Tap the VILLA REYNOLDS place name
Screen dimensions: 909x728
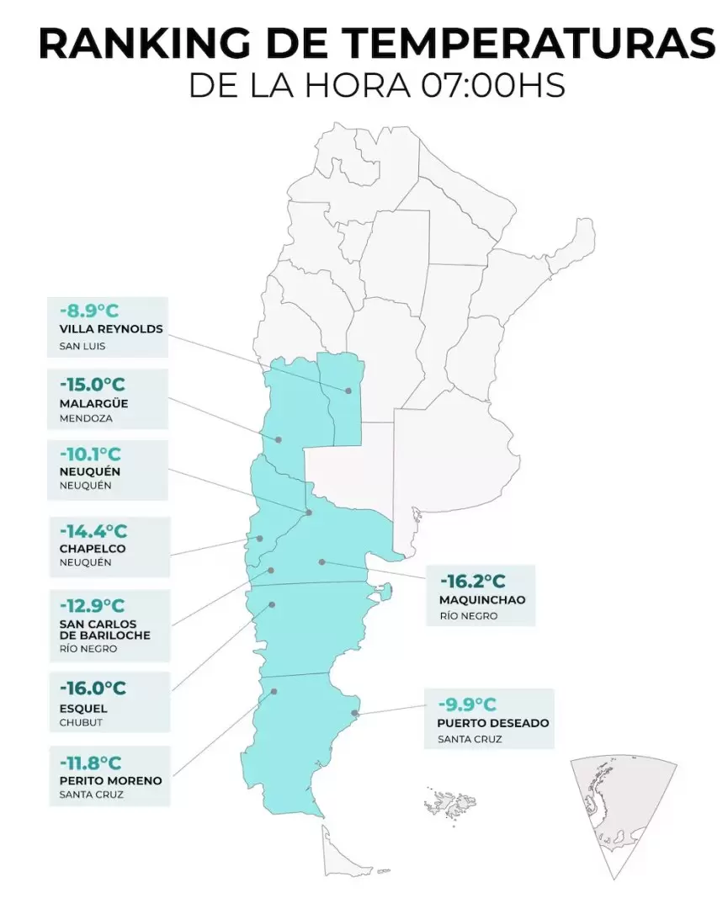click(x=111, y=329)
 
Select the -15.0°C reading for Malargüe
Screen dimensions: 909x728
click(x=93, y=385)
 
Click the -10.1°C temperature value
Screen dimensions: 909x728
click(x=91, y=454)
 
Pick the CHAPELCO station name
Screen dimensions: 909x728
click(x=93, y=549)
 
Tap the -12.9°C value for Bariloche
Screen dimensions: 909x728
click(x=92, y=605)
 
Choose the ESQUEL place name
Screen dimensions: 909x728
click(x=83, y=709)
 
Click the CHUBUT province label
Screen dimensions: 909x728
click(x=80, y=723)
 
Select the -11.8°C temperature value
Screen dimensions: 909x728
click(x=91, y=763)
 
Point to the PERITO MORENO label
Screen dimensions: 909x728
click(x=110, y=780)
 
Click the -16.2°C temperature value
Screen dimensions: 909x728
click(x=472, y=582)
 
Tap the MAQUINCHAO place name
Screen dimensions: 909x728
click(x=482, y=600)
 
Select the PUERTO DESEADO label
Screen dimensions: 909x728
click(x=493, y=723)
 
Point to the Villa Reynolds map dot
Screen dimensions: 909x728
click(x=348, y=390)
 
